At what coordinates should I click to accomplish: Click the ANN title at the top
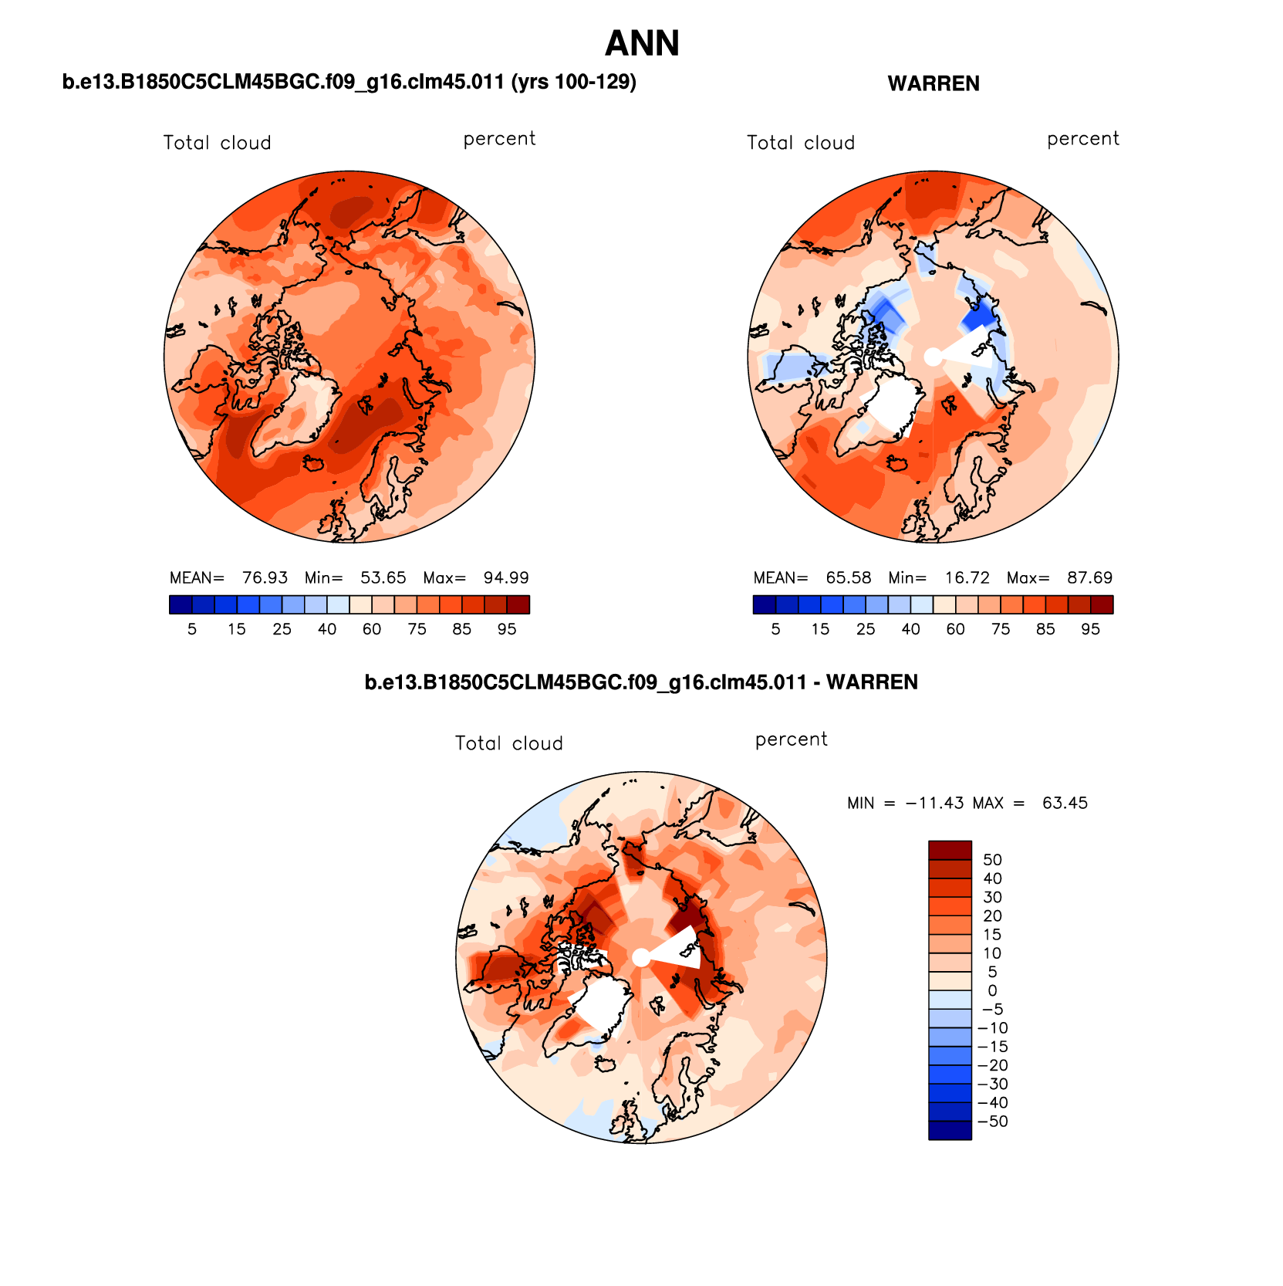[642, 43]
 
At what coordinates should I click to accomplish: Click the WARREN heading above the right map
[934, 83]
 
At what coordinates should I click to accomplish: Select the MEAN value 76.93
[265, 577]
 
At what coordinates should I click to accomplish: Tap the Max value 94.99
[506, 577]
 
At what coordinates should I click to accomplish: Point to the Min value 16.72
[967, 577]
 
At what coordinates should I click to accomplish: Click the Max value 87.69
[1089, 577]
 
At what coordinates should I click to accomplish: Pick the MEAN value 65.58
[849, 577]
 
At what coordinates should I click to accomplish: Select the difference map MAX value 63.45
[1065, 803]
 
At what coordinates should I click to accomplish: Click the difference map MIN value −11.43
[934, 803]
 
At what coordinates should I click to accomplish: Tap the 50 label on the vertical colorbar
[992, 860]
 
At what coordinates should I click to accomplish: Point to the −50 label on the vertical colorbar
[993, 1122]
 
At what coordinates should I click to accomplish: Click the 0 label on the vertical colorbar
[992, 990]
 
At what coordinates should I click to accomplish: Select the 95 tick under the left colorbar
[506, 629]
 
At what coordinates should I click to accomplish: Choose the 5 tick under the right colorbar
[775, 629]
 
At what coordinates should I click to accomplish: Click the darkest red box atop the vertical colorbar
[950, 850]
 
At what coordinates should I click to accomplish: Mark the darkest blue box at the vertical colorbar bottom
[950, 1130]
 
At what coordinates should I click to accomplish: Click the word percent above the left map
[499, 139]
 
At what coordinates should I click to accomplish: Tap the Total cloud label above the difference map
[509, 743]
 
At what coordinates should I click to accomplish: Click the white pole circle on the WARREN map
[933, 357]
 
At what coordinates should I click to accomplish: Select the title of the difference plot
[641, 682]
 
